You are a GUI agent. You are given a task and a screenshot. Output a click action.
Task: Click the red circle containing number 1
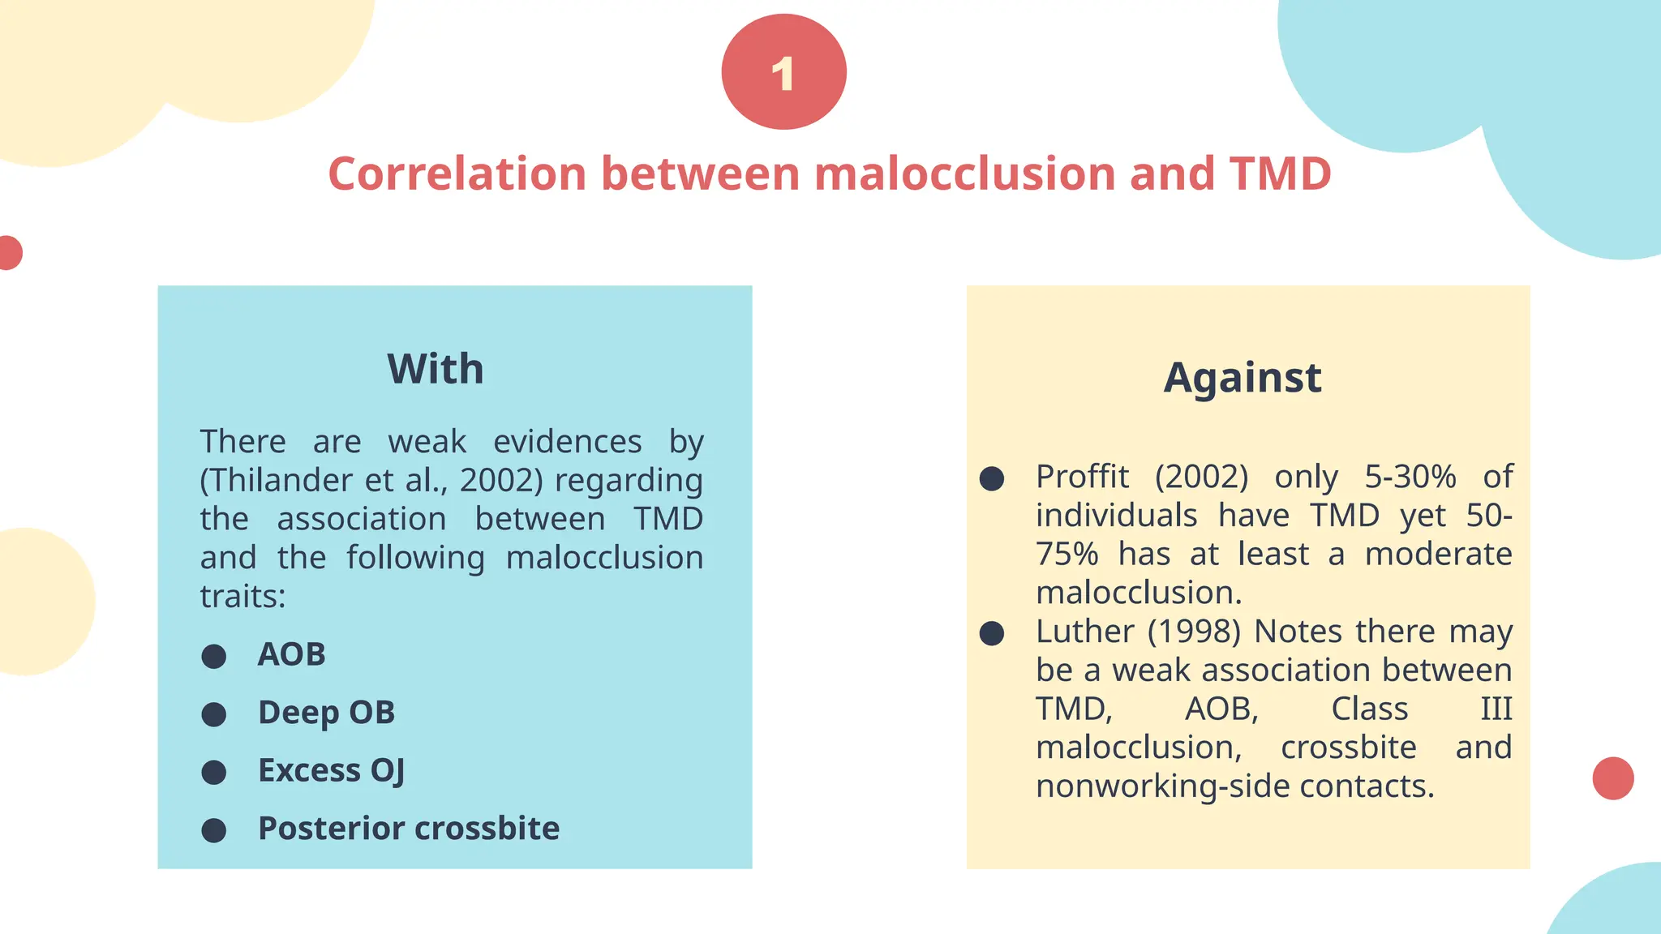click(783, 73)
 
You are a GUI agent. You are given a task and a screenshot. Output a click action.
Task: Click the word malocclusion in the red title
click(964, 174)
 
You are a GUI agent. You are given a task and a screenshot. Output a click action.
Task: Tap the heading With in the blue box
click(436, 370)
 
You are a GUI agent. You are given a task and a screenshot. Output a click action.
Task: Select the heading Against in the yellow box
click(1243, 378)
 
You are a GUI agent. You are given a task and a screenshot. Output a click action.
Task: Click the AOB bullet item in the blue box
click(291, 654)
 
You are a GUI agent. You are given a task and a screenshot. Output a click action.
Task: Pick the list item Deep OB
click(326, 713)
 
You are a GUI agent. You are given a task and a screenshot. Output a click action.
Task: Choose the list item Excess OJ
click(331, 771)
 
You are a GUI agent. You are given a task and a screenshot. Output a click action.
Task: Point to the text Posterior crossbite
click(409, 829)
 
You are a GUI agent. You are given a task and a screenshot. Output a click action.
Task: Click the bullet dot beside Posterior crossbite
click(214, 830)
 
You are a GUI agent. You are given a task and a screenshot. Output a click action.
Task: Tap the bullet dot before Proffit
click(992, 478)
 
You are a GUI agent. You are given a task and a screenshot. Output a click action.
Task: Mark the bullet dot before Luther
click(992, 633)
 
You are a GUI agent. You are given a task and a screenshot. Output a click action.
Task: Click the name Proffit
click(1082, 477)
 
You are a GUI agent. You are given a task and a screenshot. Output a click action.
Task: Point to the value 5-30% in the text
click(1410, 477)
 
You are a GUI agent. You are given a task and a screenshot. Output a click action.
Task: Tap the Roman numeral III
click(1496, 709)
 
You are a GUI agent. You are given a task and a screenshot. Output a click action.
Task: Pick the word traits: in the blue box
click(242, 597)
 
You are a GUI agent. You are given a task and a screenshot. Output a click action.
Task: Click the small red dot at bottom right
click(1613, 778)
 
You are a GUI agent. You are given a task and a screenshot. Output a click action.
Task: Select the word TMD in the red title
click(1280, 174)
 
